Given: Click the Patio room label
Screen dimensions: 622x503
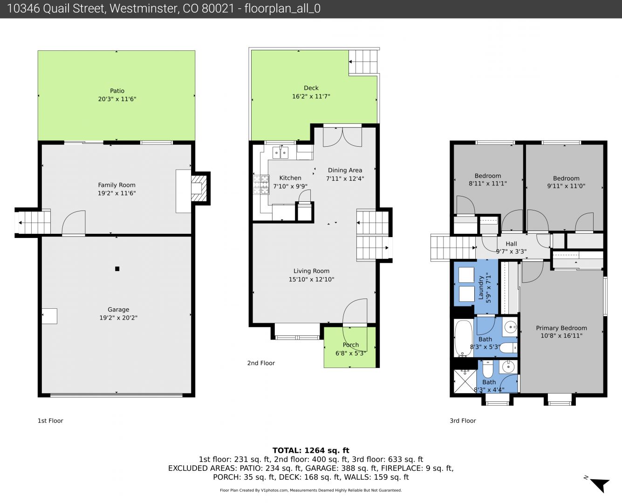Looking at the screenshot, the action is [x=117, y=91].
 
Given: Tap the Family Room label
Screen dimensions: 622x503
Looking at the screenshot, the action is [x=117, y=185].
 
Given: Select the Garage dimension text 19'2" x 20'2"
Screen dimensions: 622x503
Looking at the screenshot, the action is [x=118, y=318].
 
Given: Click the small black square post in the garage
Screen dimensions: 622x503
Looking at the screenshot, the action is [x=117, y=269].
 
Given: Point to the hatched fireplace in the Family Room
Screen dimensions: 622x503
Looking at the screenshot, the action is [x=199, y=188].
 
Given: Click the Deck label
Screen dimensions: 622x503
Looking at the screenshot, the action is [x=311, y=88].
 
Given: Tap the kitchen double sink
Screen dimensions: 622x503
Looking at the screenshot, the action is [x=280, y=152].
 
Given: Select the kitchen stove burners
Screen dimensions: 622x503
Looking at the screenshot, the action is [x=261, y=184].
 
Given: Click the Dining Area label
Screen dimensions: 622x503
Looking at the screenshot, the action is [x=345, y=170].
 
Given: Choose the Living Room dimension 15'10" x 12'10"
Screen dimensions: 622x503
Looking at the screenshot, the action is [x=311, y=279].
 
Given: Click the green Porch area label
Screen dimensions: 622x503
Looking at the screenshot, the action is [x=351, y=345].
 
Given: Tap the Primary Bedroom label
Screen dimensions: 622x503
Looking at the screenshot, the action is [x=561, y=328].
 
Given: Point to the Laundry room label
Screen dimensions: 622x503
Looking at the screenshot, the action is [x=481, y=288].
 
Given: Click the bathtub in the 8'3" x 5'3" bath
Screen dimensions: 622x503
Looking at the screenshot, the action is [x=464, y=338].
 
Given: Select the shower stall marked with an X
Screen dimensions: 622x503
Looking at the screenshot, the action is [x=465, y=381].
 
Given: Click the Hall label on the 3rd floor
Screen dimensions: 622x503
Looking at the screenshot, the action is [x=511, y=244].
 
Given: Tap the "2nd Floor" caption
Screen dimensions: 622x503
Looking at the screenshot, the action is [x=261, y=363].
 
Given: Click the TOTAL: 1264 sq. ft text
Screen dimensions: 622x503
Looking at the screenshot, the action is [x=311, y=450].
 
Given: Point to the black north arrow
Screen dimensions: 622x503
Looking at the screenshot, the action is [x=601, y=485].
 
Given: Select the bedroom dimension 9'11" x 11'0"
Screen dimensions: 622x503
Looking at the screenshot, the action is [x=566, y=186].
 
